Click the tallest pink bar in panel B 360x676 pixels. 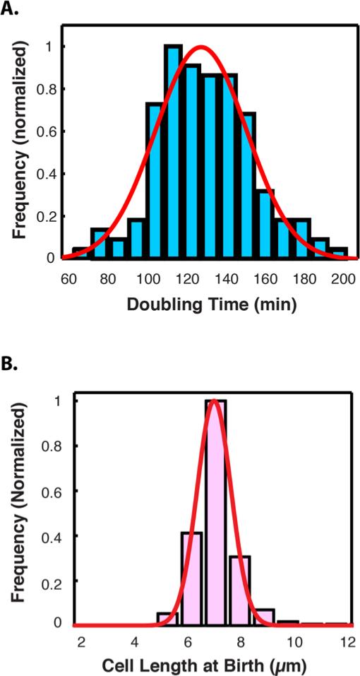(214, 512)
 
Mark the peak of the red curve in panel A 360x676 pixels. (202, 48)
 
